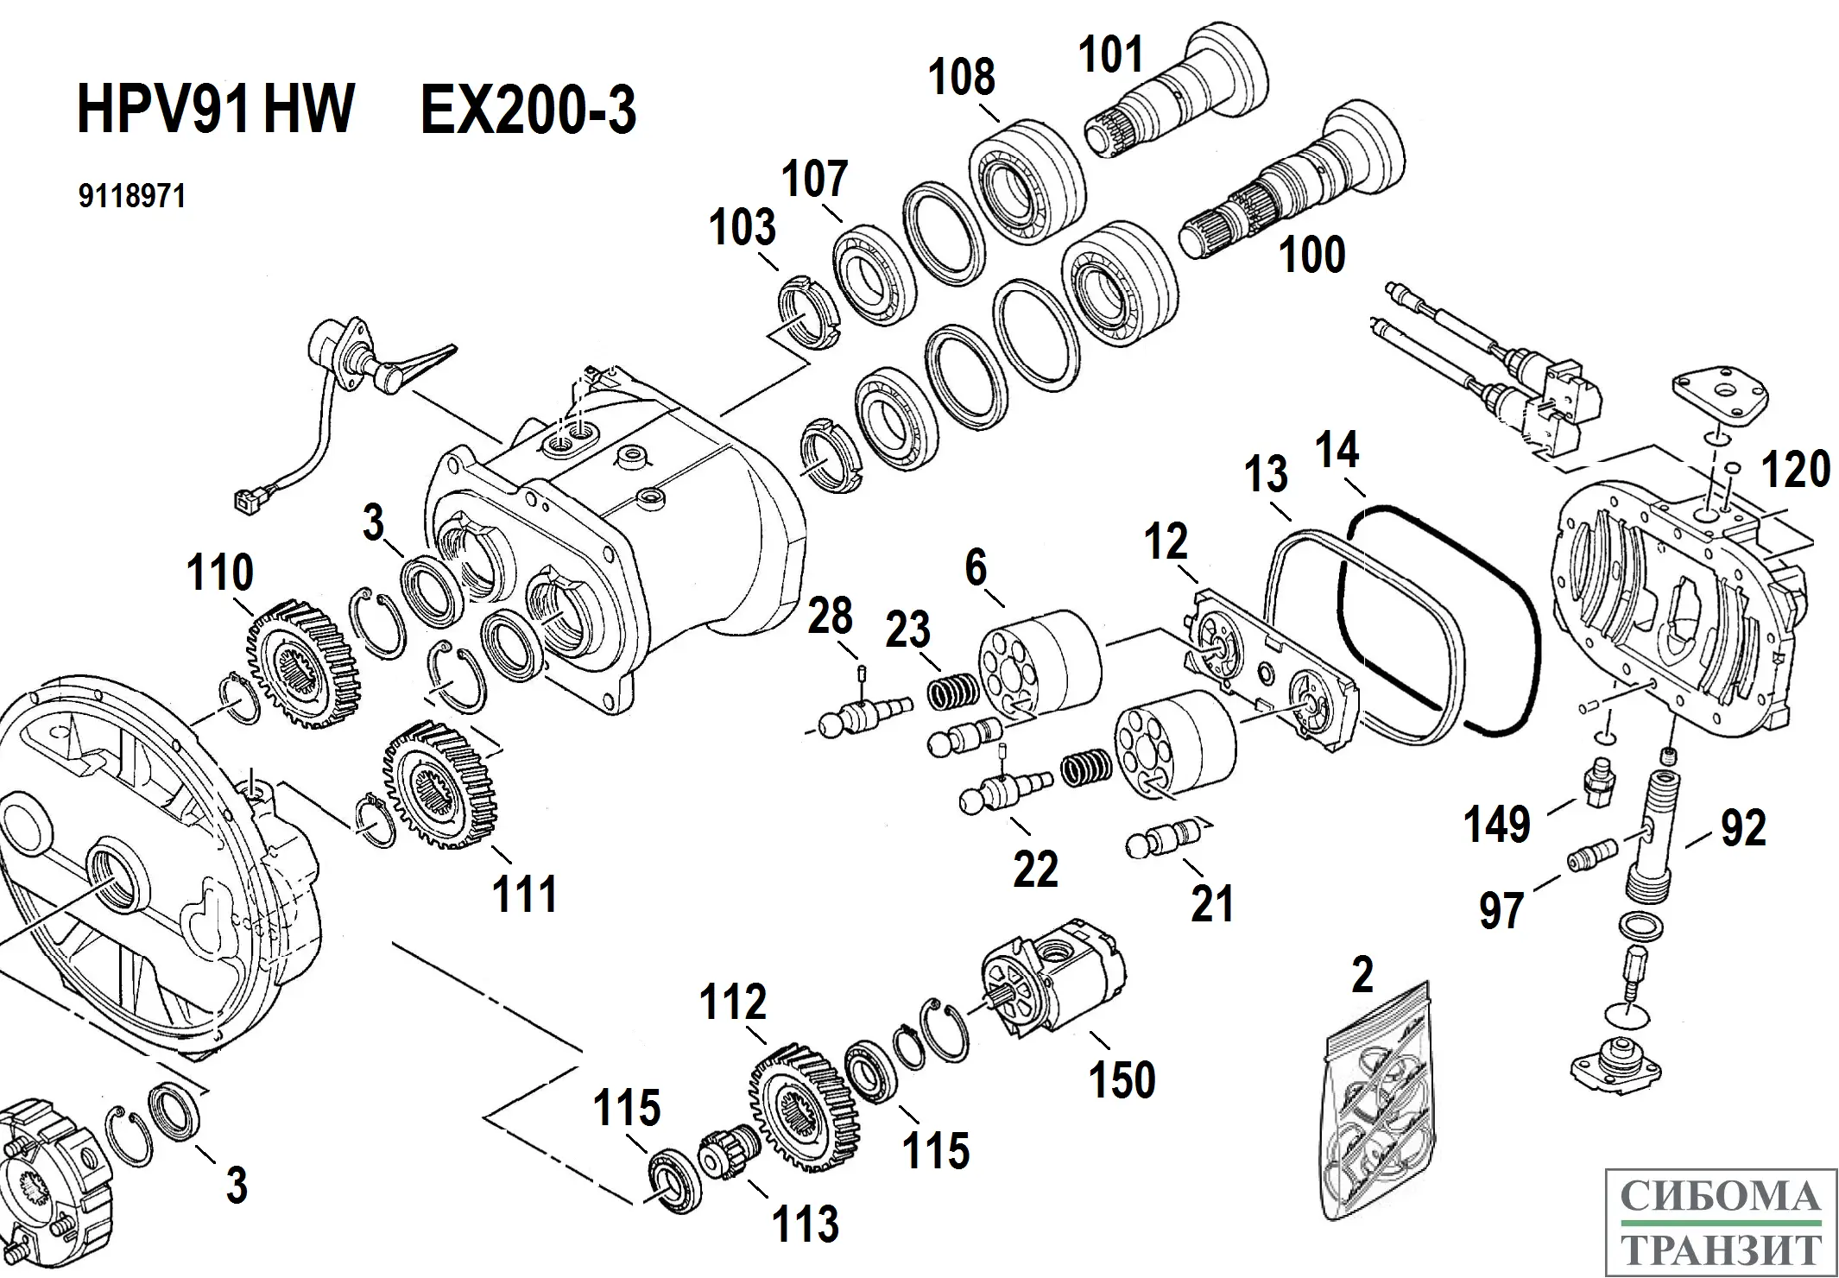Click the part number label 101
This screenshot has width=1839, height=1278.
pos(1110,55)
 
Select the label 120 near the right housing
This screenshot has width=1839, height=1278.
pos(1795,470)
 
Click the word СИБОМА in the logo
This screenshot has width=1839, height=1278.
pos(1721,1197)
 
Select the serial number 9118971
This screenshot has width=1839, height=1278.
pos(132,197)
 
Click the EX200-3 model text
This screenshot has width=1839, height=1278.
pos(528,111)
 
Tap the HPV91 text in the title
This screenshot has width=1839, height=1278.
pos(164,111)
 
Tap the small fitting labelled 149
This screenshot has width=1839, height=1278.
pos(1599,781)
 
